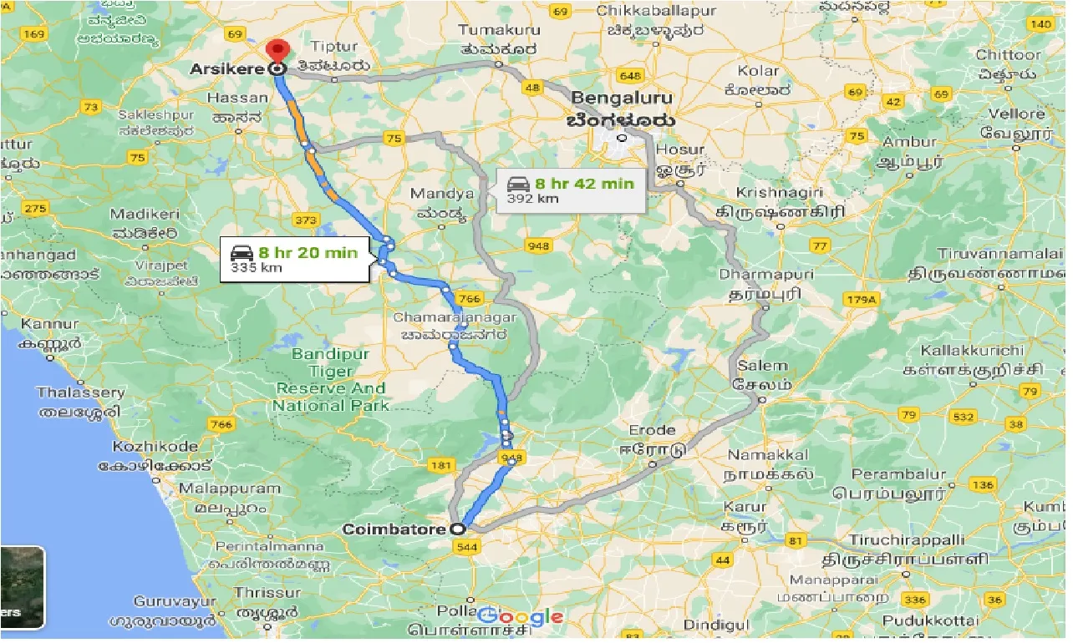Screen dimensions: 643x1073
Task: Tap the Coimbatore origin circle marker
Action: click(457, 529)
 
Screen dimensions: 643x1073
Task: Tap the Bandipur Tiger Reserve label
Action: click(331, 380)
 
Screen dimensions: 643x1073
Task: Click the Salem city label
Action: click(761, 366)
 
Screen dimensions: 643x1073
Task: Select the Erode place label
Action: click(653, 431)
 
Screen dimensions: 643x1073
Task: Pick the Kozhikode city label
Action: click(155, 447)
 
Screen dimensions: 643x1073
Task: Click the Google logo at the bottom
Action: click(520, 618)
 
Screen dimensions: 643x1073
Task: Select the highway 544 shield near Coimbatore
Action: click(468, 547)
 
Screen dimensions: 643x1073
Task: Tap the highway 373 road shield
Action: click(307, 220)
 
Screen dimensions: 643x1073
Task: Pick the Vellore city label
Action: click(1016, 114)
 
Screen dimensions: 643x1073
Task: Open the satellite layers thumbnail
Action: click(22, 587)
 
